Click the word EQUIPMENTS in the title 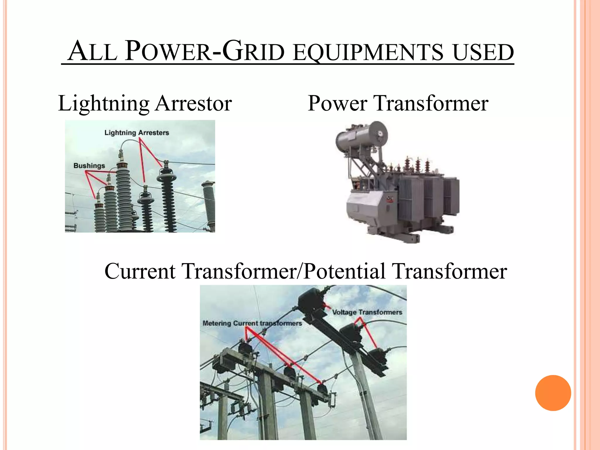point(368,53)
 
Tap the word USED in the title point(483,53)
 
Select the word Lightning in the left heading point(104,104)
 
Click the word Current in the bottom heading point(140,271)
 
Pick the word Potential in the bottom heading point(344,271)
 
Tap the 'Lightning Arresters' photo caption point(137,133)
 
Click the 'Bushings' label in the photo point(89,166)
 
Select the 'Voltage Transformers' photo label point(367,312)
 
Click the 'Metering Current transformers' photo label point(252,323)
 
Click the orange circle point(553,393)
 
